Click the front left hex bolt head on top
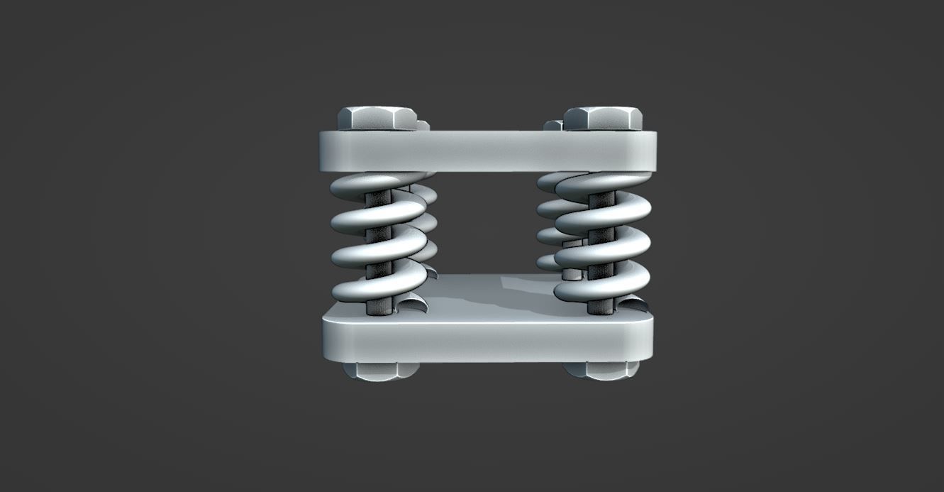pos(377,119)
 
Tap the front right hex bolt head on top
pos(604,119)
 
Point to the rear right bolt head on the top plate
pos(552,126)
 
